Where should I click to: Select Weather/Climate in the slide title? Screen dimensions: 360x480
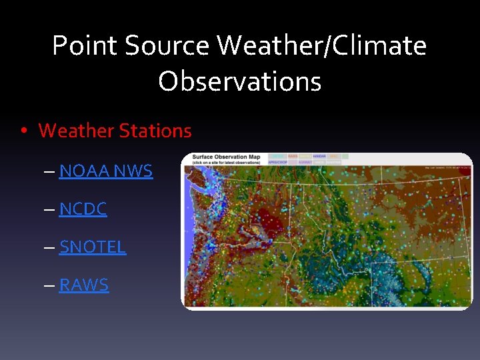coord(321,46)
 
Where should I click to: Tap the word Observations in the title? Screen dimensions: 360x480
coord(240,82)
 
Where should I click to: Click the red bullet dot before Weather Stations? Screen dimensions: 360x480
coord(24,131)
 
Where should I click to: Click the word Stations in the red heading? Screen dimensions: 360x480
coord(155,131)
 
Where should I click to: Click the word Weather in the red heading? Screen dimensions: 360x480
coord(76,131)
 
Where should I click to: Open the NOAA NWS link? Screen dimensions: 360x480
coord(105,171)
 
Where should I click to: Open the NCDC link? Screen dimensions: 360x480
coord(83,209)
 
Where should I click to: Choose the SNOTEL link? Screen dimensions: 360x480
coord(92,247)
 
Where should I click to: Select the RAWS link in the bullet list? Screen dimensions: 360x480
coord(83,285)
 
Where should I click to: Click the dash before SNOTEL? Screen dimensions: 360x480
coord(50,247)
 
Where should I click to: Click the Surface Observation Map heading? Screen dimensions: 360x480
coord(226,157)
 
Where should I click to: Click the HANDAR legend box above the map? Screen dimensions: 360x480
coord(319,156)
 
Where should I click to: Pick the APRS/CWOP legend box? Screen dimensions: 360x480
coord(277,162)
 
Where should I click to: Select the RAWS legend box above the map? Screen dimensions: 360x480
coord(292,156)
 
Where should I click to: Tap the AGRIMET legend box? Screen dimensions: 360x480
coord(305,162)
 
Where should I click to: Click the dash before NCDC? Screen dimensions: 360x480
coord(50,209)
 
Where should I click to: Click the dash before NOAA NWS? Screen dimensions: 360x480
coord(50,171)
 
